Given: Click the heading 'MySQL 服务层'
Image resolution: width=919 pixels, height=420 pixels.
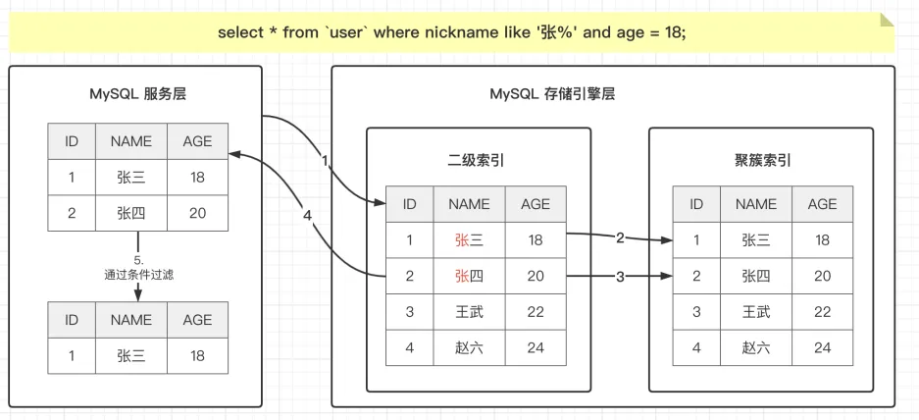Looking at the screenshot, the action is tap(137, 94).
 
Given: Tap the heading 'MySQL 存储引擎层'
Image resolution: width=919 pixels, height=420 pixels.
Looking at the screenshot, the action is tap(552, 94).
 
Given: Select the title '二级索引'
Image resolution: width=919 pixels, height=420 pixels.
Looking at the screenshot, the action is tap(479, 161).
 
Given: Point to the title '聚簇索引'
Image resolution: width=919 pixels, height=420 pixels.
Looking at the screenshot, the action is tap(761, 161).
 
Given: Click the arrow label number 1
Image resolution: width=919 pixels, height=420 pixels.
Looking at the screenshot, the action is tap(326, 160).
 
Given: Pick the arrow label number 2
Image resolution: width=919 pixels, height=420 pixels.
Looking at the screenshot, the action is tap(620, 237).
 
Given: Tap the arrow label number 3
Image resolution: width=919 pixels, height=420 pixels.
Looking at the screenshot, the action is tap(620, 277).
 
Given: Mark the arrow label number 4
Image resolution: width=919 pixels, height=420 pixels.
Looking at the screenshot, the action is tap(308, 216).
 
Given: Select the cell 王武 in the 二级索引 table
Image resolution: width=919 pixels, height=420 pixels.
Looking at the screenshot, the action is tap(469, 311).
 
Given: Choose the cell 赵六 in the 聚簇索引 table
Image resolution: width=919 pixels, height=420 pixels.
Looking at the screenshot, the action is tap(756, 347).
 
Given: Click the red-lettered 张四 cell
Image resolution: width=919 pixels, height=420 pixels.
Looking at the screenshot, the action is tap(469, 276).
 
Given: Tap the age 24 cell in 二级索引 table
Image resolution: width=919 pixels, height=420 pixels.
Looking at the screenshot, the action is tap(536, 347).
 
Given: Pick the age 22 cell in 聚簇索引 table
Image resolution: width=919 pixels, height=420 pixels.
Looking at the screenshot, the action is tap(822, 311).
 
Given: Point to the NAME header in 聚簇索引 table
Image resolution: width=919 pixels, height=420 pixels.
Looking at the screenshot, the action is tap(756, 204).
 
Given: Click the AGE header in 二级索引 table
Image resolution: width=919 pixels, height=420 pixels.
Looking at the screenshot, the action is tap(536, 204).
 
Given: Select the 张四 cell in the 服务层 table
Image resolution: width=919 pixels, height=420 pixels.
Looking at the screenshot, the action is tap(131, 213).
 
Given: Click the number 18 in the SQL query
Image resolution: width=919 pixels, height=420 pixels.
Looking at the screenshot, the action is tap(673, 32).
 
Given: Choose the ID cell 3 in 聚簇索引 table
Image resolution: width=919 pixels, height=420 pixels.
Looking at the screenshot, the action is tap(696, 311).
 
